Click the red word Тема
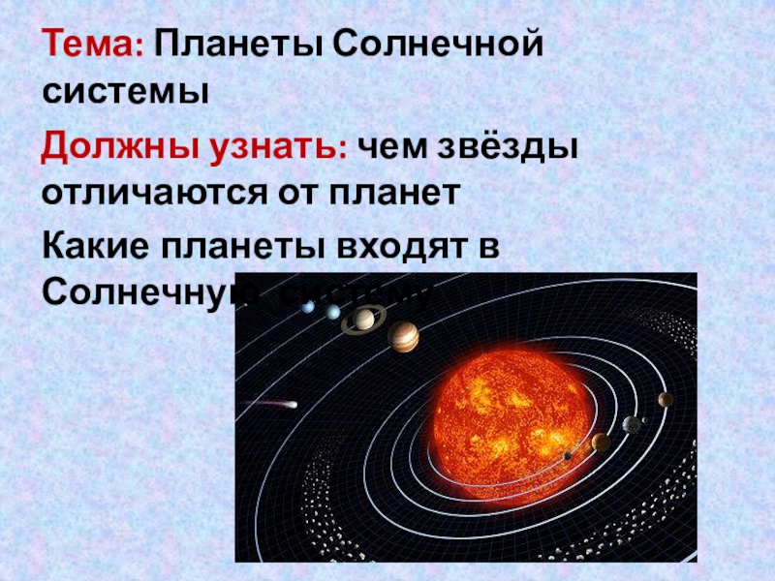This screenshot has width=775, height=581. [x=91, y=45]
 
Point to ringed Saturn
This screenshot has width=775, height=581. [x=364, y=318]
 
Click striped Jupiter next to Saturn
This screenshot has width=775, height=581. [x=403, y=337]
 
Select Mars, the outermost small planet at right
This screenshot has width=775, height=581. [x=665, y=399]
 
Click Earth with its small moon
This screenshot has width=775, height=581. [x=632, y=423]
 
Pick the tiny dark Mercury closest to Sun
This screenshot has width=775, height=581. [x=567, y=455]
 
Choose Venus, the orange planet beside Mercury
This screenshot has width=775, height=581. [x=601, y=442]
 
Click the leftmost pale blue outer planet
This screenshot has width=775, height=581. [x=308, y=307]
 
